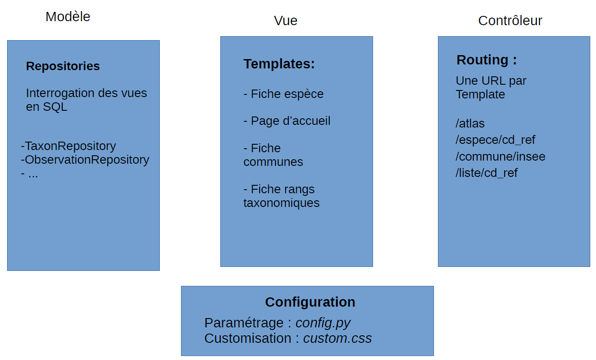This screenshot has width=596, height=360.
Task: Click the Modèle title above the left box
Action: [68, 17]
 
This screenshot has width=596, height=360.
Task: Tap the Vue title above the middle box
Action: [286, 21]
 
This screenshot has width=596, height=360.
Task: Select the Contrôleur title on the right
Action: [510, 21]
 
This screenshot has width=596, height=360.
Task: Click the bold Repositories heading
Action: [63, 66]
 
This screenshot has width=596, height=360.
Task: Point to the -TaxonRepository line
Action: [68, 146]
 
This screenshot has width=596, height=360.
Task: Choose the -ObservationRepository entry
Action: [85, 160]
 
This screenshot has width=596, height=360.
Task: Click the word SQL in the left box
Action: [55, 107]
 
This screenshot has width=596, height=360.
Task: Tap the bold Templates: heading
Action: [279, 64]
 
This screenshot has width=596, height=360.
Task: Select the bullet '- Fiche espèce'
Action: [283, 94]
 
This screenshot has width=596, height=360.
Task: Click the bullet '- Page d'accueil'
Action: [287, 121]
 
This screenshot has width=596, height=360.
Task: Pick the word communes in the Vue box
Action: [273, 162]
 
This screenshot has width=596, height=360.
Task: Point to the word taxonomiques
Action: [281, 203]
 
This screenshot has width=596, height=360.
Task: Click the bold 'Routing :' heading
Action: [487, 60]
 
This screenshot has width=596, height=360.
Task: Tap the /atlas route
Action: [470, 124]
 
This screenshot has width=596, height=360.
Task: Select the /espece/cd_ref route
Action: [495, 140]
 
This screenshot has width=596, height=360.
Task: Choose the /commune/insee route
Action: [500, 157]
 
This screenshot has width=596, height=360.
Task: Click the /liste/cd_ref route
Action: [487, 173]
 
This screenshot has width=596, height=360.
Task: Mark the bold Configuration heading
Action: [310, 302]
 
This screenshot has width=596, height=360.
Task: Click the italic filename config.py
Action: [323, 323]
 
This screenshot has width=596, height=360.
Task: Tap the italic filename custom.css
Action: [337, 338]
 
